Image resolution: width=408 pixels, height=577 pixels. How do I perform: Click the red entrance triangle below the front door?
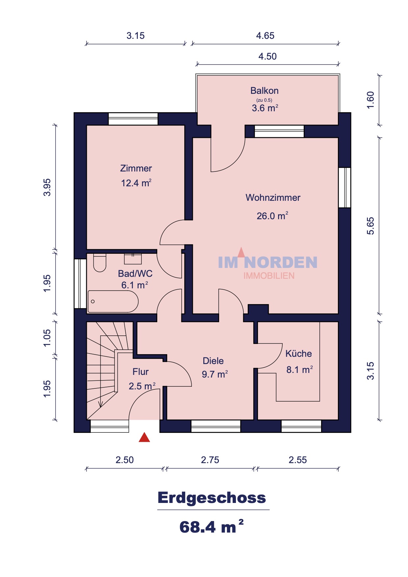pos(144,437)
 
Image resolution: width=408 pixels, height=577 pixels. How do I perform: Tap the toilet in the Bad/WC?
pos(100,263)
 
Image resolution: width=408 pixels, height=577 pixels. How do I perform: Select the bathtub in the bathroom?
pos(113,301)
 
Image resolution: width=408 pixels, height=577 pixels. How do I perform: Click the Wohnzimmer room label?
pos(273,197)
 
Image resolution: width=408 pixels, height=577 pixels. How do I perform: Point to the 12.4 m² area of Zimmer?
pos(136,183)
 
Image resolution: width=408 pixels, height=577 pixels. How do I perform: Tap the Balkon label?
pos(265,91)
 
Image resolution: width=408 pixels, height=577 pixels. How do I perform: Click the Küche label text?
pos(298,354)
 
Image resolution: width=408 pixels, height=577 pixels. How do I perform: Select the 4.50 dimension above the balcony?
pos(268,56)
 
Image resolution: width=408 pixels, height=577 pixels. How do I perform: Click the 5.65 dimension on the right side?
pos(370,226)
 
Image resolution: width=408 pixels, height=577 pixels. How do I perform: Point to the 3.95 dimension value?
pos(47,187)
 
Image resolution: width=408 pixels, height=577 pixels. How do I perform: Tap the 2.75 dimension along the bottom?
pos(210,460)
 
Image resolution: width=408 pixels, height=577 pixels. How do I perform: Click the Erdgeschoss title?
pos(212,497)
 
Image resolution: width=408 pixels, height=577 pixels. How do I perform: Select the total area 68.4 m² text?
pos(212,526)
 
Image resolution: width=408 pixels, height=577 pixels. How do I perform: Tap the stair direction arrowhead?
pos(101,404)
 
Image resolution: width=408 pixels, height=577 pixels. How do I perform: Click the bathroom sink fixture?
pos(133,259)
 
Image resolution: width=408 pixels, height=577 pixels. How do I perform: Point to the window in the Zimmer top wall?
pos(133,119)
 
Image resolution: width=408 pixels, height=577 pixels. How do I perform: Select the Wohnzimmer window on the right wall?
pos(344,188)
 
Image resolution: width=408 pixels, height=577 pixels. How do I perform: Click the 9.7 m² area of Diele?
pos(215,374)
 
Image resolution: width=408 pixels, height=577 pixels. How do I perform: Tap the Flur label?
pos(140,372)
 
